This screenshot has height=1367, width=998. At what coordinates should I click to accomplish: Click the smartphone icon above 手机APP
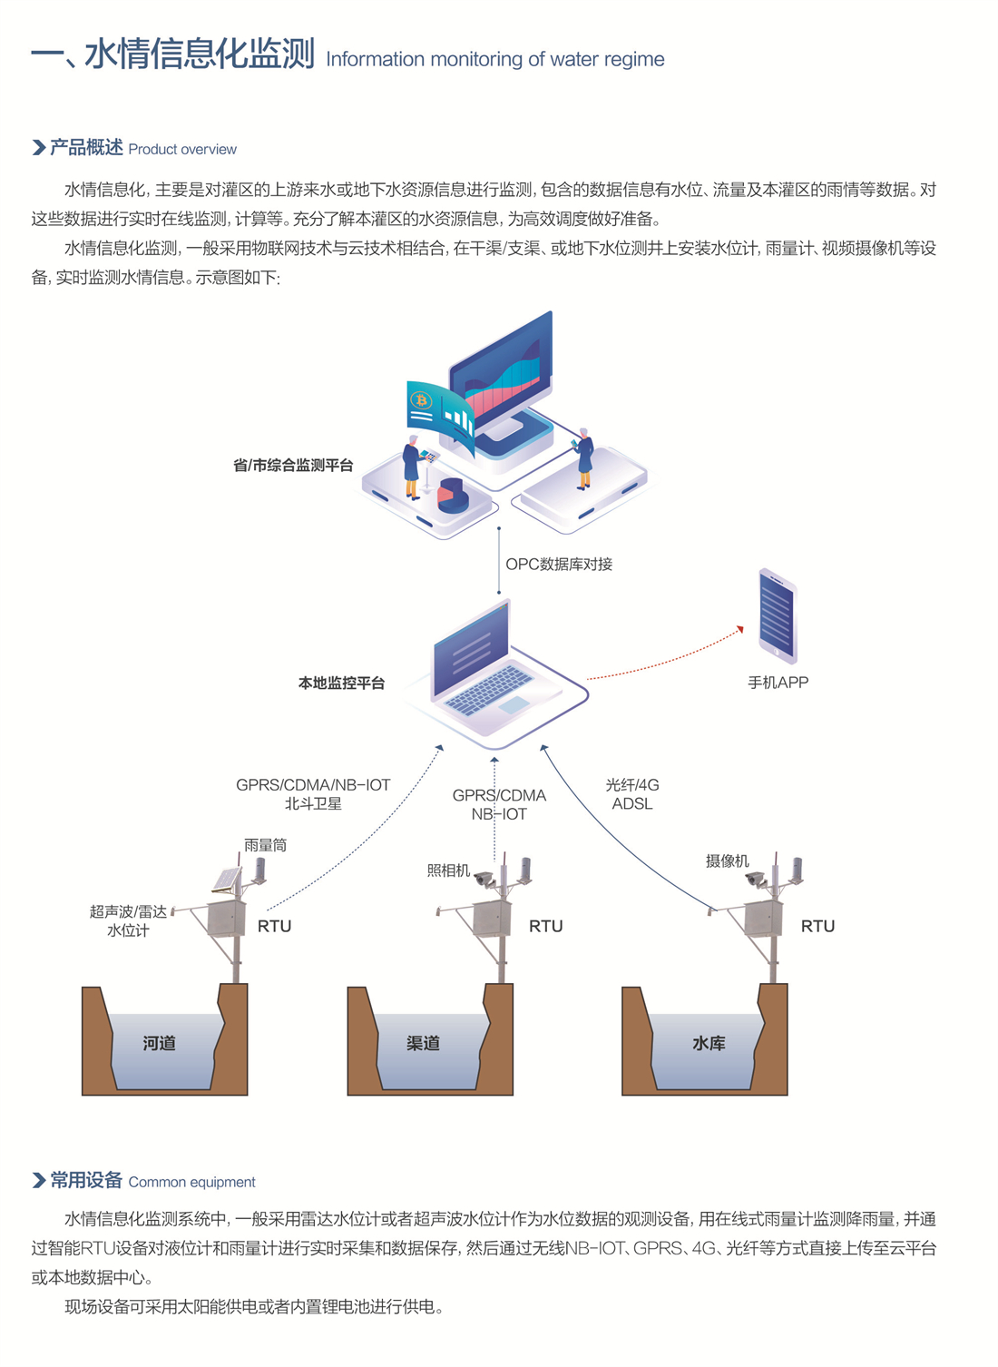point(778,615)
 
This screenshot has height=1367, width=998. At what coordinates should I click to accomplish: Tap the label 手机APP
point(778,683)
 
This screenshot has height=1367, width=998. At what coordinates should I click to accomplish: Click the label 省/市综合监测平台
point(293,466)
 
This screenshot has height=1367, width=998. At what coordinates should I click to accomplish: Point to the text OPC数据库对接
point(559,565)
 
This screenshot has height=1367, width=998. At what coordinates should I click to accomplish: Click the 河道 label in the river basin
point(159,1043)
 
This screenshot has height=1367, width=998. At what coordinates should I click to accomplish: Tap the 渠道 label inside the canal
point(423,1043)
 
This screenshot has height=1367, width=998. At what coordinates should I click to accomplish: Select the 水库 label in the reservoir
point(709,1043)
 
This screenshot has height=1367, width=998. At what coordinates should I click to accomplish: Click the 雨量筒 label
point(265,845)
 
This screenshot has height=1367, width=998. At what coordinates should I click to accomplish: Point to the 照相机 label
point(448,870)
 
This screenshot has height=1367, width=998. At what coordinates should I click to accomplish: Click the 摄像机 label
point(727,861)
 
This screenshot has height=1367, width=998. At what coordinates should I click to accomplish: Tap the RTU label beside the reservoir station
point(817,926)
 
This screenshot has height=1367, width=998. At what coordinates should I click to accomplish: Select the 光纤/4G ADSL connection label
point(632,794)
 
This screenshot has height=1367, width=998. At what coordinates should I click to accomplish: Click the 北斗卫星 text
point(313,803)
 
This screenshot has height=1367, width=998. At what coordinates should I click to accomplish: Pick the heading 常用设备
point(86,1180)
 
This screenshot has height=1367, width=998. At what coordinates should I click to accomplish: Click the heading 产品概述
point(86,148)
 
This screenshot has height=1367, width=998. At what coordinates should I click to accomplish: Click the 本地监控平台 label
point(341,683)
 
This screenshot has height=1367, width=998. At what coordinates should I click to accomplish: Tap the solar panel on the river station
point(226,879)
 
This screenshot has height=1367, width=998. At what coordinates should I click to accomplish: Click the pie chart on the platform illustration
point(452,495)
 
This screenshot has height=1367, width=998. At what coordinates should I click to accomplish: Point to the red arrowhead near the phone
point(740,629)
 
